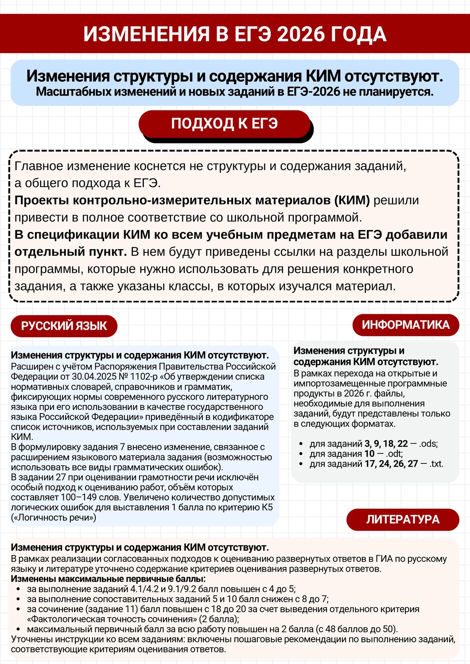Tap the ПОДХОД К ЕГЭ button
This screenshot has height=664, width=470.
pyautogui.click(x=225, y=124)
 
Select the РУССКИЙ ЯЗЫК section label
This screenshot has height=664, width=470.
pyautogui.click(x=64, y=326)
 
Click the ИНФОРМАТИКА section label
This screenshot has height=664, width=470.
pyautogui.click(x=405, y=325)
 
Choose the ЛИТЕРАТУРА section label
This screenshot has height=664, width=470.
pyautogui.click(x=403, y=519)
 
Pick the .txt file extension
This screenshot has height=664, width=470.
pyautogui.click(x=436, y=464)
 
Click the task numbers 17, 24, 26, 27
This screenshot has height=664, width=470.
pyautogui.click(x=391, y=464)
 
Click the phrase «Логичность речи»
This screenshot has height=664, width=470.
pyautogui.click(x=54, y=517)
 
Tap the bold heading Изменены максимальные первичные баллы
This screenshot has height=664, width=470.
pyautogui.click(x=108, y=579)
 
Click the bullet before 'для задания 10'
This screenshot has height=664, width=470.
pyautogui.click(x=301, y=454)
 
